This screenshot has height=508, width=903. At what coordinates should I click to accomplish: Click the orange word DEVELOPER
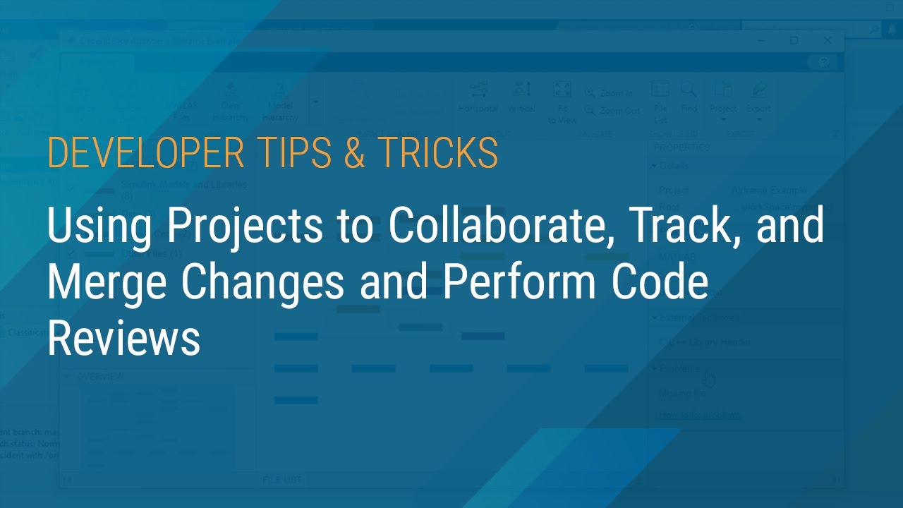click(x=142, y=153)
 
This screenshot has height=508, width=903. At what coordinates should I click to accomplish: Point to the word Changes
click(x=263, y=284)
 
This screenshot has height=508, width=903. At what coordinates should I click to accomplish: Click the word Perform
click(x=519, y=282)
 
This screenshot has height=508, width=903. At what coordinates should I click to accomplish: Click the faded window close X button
click(x=828, y=40)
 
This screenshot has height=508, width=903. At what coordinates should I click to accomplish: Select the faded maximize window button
click(x=794, y=40)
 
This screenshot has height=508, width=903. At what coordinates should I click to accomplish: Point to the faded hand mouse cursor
click(x=709, y=379)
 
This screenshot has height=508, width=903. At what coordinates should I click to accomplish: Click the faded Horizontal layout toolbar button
click(x=478, y=96)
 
